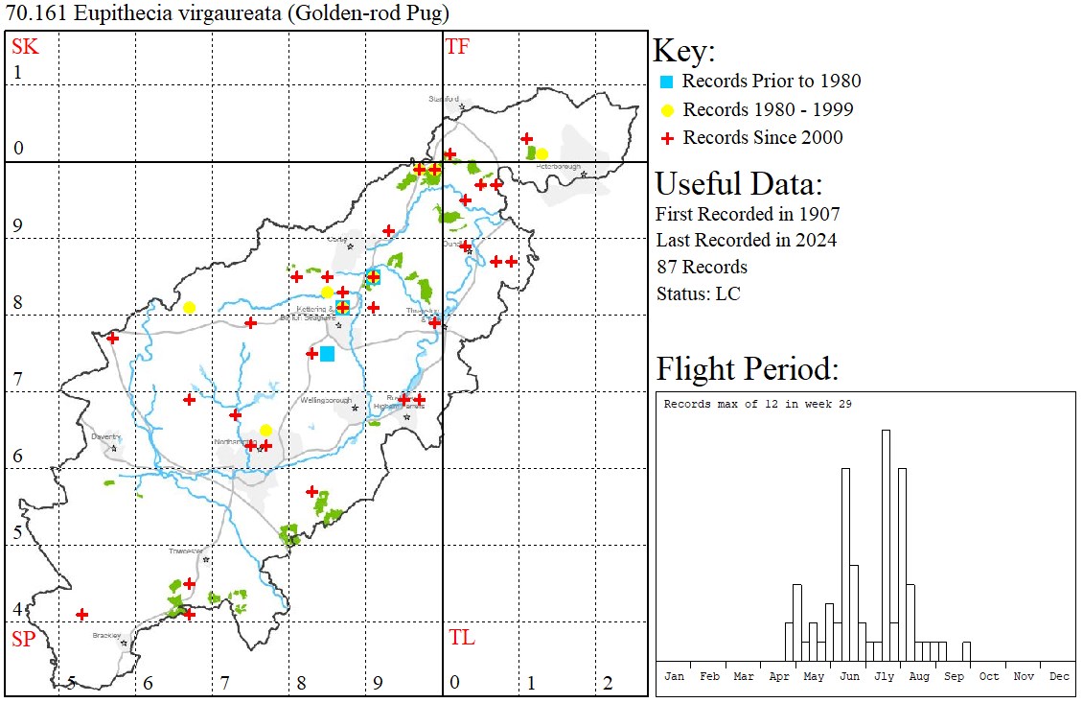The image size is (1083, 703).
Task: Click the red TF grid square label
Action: pos(457,46)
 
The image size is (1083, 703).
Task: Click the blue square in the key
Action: pos(668,82)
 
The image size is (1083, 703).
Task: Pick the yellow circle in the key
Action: pos(668,109)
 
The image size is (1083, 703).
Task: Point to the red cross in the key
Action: pos(668,138)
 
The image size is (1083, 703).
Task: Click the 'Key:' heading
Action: pos(684,52)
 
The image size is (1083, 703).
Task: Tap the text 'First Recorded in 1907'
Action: pos(748,213)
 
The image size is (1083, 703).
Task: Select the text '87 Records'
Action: pos(702,267)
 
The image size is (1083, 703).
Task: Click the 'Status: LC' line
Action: pos(698,293)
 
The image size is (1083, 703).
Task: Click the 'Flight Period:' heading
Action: pos(748,368)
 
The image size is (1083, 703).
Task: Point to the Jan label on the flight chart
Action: pos(674,676)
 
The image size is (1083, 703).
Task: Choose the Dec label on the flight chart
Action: pos(1059,676)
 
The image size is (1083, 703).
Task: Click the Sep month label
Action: pos(954,676)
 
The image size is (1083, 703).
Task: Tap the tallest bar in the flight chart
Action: pos(886,547)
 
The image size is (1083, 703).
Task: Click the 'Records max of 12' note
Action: pos(757,404)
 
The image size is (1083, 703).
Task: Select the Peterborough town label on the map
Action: pos(559,166)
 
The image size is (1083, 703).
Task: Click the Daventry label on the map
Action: pos(104,436)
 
